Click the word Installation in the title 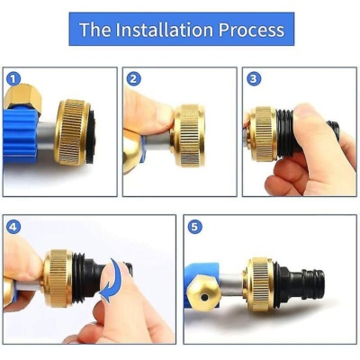pos(165,30)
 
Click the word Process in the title pos(251,30)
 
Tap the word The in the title pos(95,30)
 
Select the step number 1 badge pos(13,79)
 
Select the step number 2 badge pos(133,79)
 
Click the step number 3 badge pos(254,79)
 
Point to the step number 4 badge pos(13,227)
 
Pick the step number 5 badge pos(194,227)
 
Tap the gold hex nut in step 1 pos(23,96)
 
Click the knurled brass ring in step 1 pos(72,132)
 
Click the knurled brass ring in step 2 pos(188,135)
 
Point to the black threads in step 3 pos(285,133)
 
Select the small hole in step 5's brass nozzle pos(204,297)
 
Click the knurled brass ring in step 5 pos(260,284)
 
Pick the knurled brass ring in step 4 pos(58,278)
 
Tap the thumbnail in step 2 pos(166,116)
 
